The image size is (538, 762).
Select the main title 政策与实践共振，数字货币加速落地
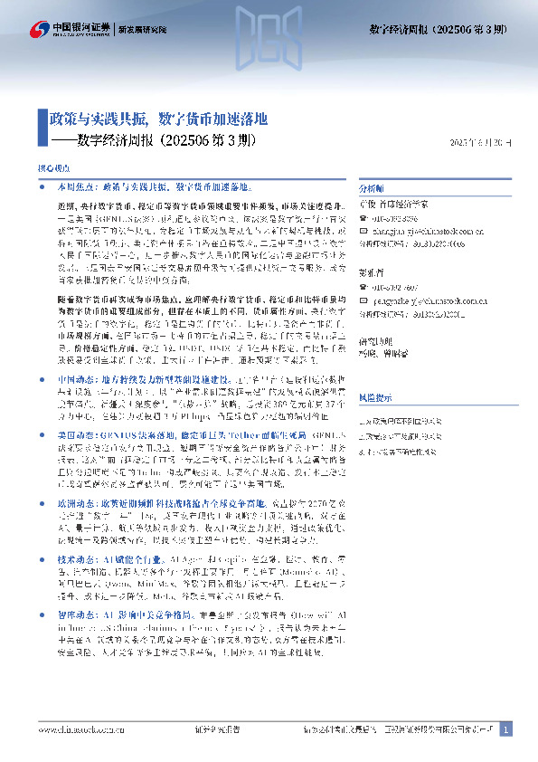click(158, 119)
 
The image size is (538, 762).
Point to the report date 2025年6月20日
click(486, 143)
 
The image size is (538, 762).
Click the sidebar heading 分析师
click(372, 188)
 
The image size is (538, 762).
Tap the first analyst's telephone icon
click(363, 218)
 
